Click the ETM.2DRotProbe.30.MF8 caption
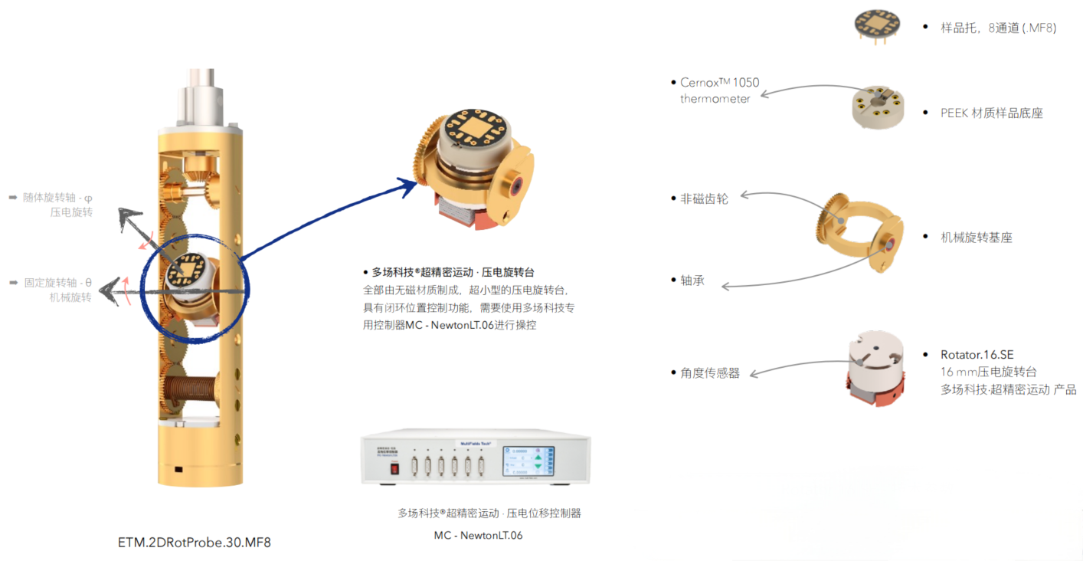click(195, 543)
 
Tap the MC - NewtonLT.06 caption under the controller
click(478, 535)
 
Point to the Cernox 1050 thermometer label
click(719, 90)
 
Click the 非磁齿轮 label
click(704, 198)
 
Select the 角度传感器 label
click(710, 373)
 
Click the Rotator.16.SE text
click(977, 355)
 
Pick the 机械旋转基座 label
click(976, 238)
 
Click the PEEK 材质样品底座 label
click(991, 113)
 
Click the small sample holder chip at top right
click(875, 25)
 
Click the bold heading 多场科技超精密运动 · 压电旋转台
click(453, 272)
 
